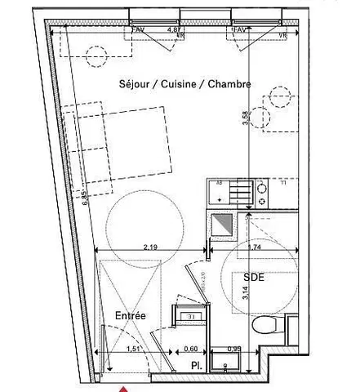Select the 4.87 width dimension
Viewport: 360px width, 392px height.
pos(174,29)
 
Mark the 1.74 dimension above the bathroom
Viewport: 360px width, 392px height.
pos(253,245)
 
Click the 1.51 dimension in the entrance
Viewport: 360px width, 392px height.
pos(134,349)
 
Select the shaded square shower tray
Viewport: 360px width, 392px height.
pos(220,224)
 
